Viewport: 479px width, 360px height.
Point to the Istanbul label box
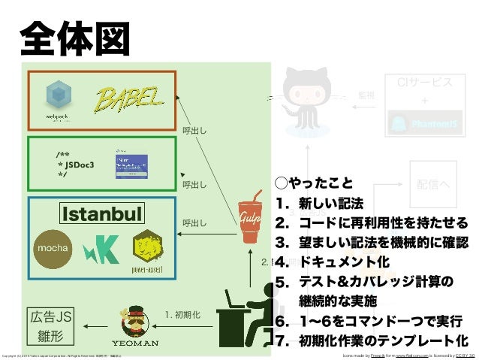click(101, 215)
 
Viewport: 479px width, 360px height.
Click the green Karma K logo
click(97, 247)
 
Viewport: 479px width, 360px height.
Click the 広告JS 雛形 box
click(53, 324)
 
